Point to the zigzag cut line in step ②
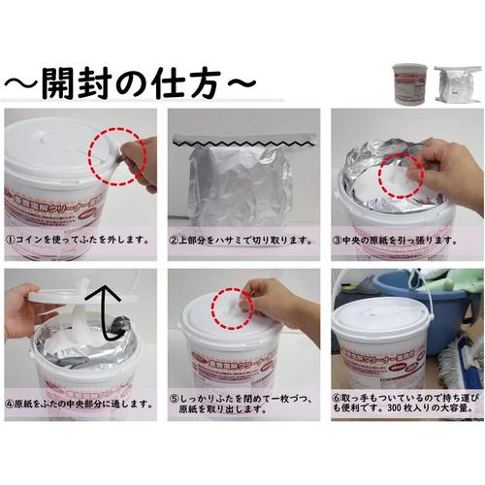click(242, 142)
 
